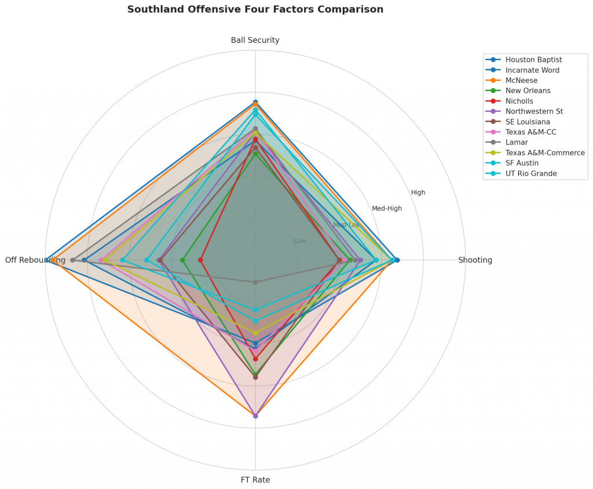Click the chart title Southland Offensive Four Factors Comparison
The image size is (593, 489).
[255, 9]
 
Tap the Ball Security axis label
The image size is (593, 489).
[255, 40]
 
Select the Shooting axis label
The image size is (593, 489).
[475, 260]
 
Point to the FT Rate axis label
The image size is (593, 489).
[255, 480]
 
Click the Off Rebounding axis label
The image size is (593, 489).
[35, 260]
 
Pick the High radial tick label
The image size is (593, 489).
[418, 193]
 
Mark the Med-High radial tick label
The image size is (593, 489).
[386, 208]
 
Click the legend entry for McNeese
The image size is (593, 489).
[521, 80]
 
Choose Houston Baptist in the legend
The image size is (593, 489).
[533, 60]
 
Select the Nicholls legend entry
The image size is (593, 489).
[519, 101]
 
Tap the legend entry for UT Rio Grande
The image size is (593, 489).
[530, 174]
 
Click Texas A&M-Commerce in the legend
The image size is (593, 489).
[545, 153]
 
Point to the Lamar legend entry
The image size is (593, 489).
[516, 142]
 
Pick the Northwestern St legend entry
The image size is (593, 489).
[534, 112]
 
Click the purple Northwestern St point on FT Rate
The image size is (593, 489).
[255, 416]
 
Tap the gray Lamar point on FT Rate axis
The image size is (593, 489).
[255, 282]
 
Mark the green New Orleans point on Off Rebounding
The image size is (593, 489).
[182, 260]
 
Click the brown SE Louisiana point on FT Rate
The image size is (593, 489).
[255, 377]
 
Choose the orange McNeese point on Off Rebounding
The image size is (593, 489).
[53, 260]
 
